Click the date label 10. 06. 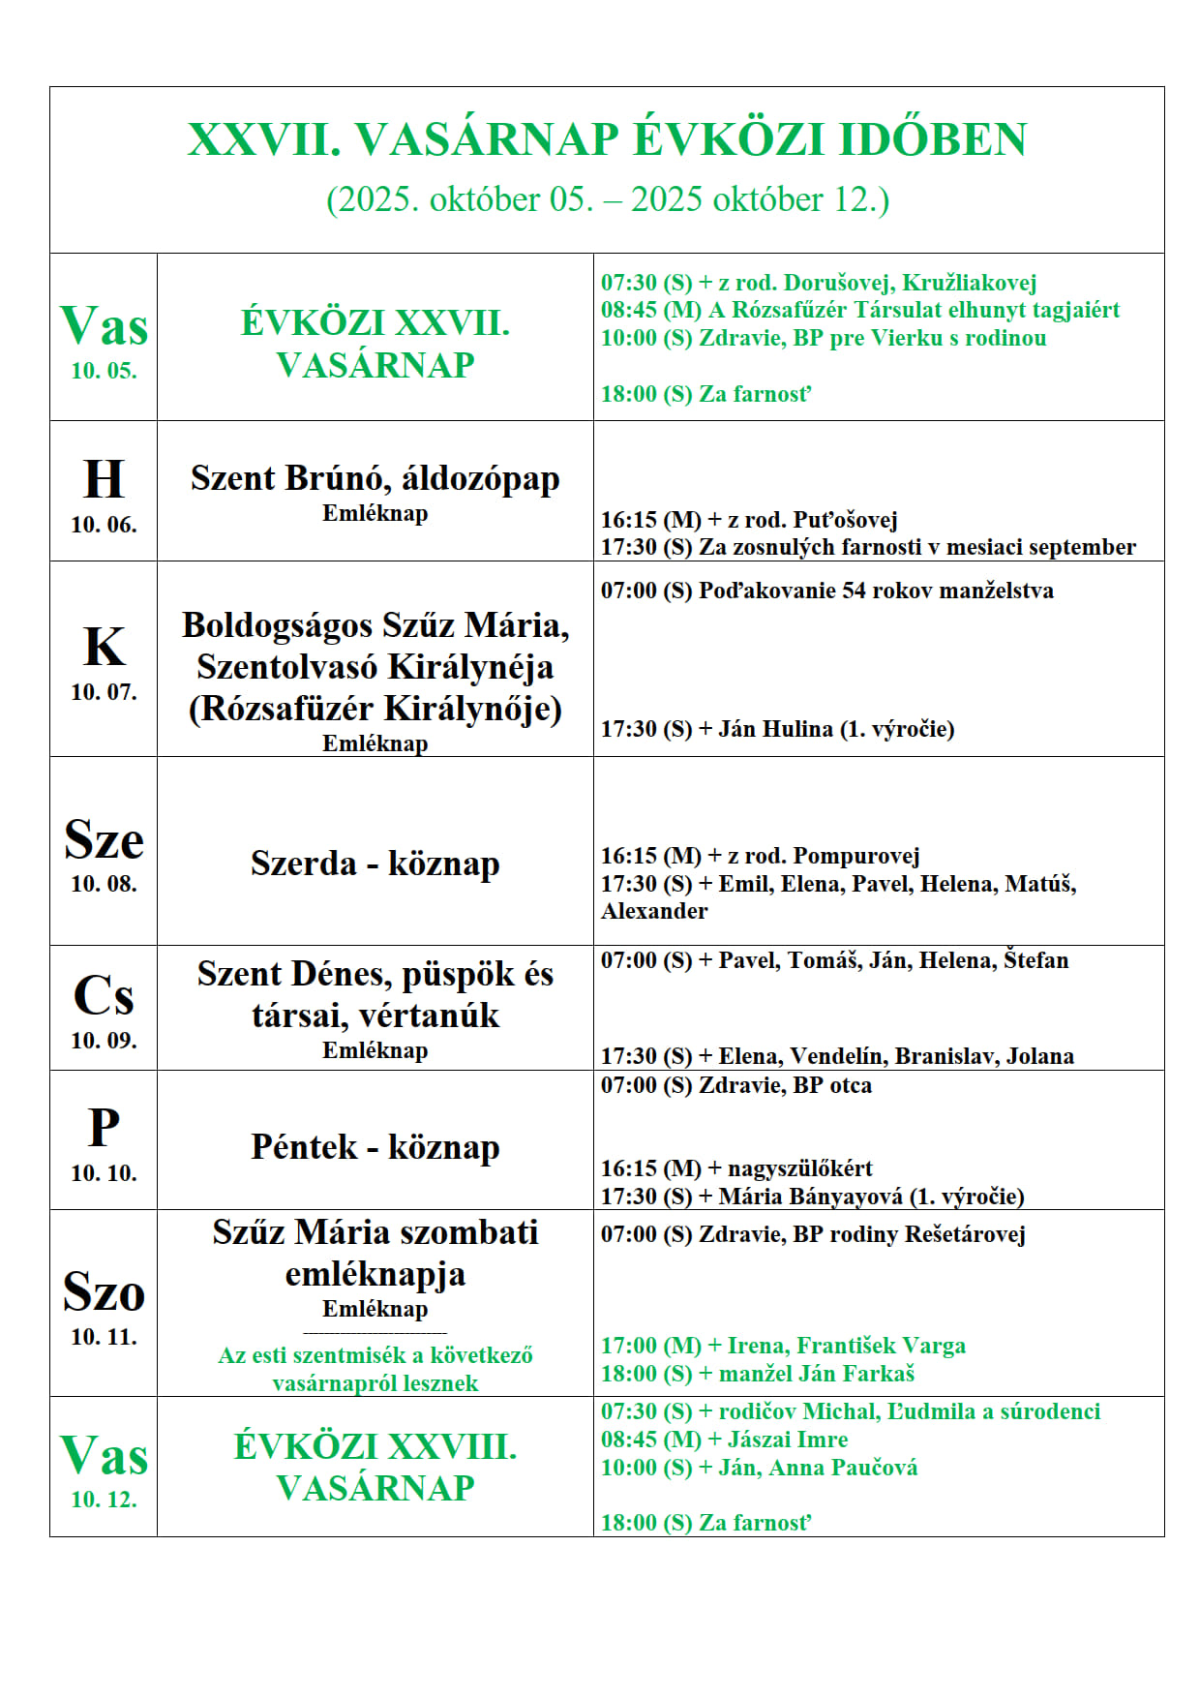(x=104, y=525)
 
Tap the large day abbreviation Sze (x=104, y=839)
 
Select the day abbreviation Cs (x=104, y=995)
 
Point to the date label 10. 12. (x=104, y=1500)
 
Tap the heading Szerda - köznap (x=375, y=864)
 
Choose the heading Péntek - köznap (x=375, y=1147)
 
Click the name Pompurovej (x=855, y=856)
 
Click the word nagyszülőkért (x=799, y=1168)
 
